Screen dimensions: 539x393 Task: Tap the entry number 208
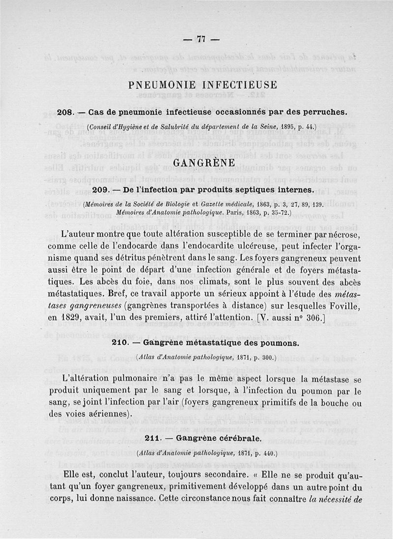[x=65, y=112]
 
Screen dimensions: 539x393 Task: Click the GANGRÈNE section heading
[x=202, y=162]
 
